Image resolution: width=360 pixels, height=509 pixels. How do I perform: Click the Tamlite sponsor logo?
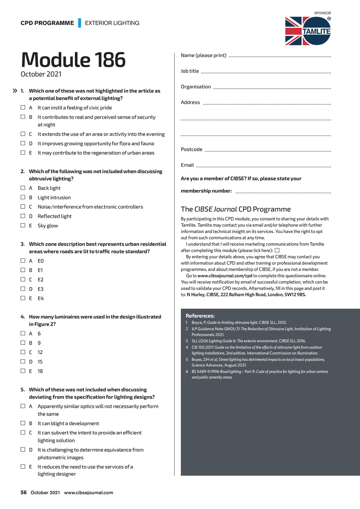[x=308, y=31]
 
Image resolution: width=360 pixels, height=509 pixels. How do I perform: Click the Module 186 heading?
[x=73, y=60]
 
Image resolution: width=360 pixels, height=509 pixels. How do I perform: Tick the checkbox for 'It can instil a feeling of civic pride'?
[x=23, y=108]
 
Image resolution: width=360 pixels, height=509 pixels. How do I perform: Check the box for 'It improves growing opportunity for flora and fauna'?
[x=23, y=143]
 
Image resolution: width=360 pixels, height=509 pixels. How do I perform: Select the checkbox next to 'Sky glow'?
[x=23, y=225]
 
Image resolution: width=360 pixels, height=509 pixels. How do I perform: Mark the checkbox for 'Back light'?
[x=23, y=188]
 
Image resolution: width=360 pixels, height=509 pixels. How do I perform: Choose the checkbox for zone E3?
[x=23, y=289]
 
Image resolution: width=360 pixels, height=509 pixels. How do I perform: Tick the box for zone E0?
[x=23, y=260]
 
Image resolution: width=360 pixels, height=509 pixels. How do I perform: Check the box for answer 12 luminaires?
[x=23, y=352]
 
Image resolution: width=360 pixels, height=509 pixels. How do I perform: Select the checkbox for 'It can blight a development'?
[x=23, y=423]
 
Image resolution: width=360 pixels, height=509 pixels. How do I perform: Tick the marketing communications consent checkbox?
[x=277, y=250]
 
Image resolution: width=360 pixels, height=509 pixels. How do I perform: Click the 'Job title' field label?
[x=190, y=71]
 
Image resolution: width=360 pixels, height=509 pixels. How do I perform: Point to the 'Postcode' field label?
[x=192, y=149]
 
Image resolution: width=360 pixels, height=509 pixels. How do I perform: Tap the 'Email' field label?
[x=187, y=165]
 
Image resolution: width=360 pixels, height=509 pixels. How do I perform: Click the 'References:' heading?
[x=200, y=316]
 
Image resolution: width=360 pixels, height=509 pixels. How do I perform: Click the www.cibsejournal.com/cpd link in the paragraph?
[x=225, y=276]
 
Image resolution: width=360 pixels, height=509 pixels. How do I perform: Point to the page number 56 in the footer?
[x=24, y=492]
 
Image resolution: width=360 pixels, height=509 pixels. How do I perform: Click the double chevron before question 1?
[x=15, y=91]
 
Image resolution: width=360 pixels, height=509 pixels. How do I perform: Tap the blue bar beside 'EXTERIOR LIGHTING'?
[x=79, y=23]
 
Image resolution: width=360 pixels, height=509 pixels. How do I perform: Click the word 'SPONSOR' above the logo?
[x=322, y=13]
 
